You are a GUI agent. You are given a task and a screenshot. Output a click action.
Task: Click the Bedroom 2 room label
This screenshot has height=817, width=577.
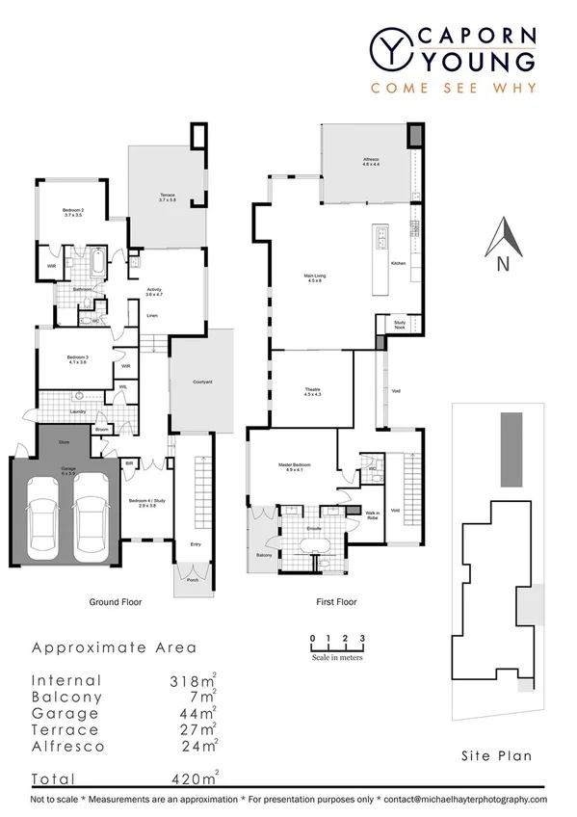[x=74, y=213]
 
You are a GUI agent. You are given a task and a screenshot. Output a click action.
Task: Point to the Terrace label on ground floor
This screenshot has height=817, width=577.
[x=167, y=198]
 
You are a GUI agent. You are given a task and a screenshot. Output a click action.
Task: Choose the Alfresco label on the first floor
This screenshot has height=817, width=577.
[x=371, y=161]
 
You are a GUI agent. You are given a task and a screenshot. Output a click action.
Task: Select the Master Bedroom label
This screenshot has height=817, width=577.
[x=291, y=467]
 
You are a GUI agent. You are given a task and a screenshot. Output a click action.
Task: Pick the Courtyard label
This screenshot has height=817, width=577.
[x=202, y=382]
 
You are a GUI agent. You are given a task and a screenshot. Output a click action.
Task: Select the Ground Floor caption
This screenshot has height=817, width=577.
[x=116, y=602]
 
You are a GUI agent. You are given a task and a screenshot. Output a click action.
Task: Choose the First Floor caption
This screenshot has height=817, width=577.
[x=336, y=602]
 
